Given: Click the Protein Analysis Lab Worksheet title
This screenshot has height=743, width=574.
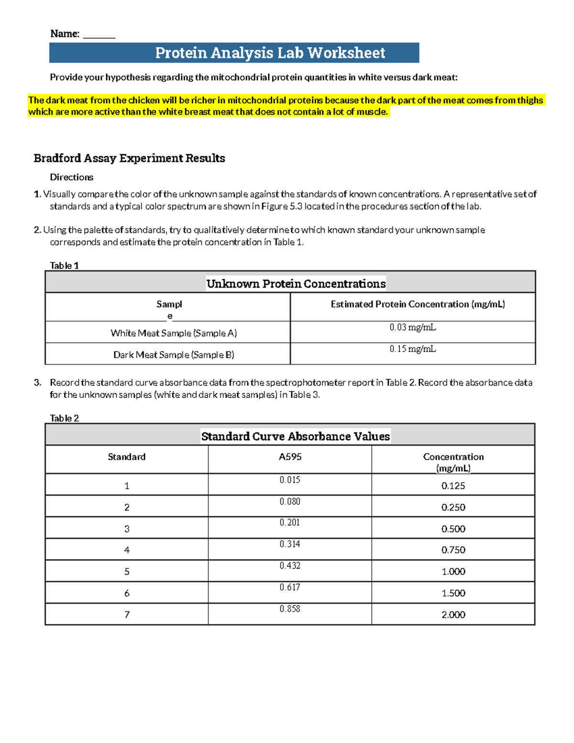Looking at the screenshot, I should tap(270, 53).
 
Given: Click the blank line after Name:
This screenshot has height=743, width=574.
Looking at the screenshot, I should tap(99, 35).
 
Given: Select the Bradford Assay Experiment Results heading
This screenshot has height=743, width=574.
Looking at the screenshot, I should tap(129, 158).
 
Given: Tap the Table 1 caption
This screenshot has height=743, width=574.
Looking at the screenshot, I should tap(64, 266).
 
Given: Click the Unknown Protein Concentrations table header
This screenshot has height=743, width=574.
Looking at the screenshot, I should tap(296, 284).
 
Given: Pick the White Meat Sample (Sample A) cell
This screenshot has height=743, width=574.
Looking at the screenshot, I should tap(174, 333).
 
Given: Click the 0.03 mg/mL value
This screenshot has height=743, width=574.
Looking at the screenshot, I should tap(412, 328).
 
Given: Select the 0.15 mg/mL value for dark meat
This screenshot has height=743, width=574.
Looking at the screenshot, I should tap(412, 349).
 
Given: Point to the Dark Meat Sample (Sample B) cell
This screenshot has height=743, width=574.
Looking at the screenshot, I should tap(174, 355).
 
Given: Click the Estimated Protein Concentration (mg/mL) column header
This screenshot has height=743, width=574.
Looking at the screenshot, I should tap(418, 304).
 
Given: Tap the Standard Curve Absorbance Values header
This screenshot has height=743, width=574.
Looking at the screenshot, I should tap(295, 436).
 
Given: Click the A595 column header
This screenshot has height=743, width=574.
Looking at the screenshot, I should tap(290, 457).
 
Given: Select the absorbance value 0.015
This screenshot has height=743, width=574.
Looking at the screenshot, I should tap(290, 480).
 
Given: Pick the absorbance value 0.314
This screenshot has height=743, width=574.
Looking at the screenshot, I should tap(290, 544).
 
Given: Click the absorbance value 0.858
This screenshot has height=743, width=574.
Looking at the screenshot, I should tap(290, 609).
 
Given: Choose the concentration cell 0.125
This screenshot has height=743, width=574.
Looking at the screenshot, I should tap(453, 486).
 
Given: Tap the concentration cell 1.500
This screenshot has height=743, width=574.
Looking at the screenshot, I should tap(453, 593).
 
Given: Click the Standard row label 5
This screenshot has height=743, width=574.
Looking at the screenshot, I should tap(127, 572).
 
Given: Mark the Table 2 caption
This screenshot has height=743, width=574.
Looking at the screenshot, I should tap(64, 418).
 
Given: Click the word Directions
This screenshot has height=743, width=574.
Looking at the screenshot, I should tap(71, 177).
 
